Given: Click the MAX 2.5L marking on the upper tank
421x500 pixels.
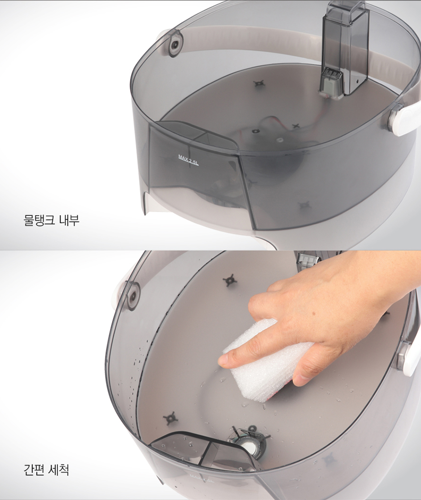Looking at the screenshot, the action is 188,159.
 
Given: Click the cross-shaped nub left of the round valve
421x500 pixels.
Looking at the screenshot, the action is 169,418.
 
